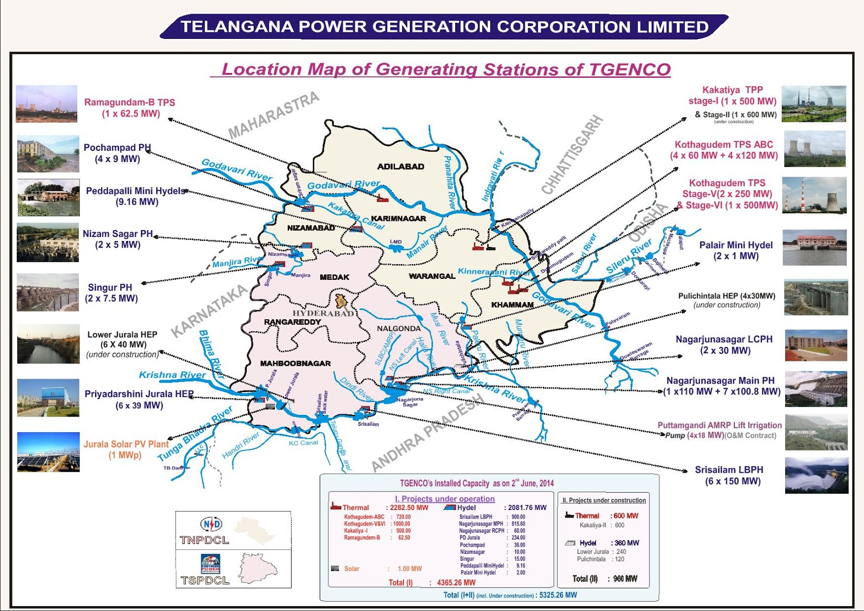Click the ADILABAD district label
tap(400, 166)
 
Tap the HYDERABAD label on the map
tap(323, 313)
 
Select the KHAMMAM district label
tap(512, 305)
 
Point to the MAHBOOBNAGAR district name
tap(295, 364)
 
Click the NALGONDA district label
tap(399, 328)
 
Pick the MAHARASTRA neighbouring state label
tap(273, 115)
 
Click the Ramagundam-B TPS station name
tap(130, 102)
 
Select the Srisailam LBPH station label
tap(728, 470)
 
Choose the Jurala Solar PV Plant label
tap(126, 444)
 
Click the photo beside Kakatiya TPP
tap(813, 104)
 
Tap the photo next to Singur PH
tap(48, 292)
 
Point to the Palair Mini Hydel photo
tap(814, 247)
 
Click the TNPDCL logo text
tap(204, 540)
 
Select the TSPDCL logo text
tap(205, 580)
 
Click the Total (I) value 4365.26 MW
tap(456, 583)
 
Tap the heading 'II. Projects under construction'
tap(604, 500)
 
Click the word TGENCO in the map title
tap(629, 70)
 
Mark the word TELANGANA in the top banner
tap(237, 26)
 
